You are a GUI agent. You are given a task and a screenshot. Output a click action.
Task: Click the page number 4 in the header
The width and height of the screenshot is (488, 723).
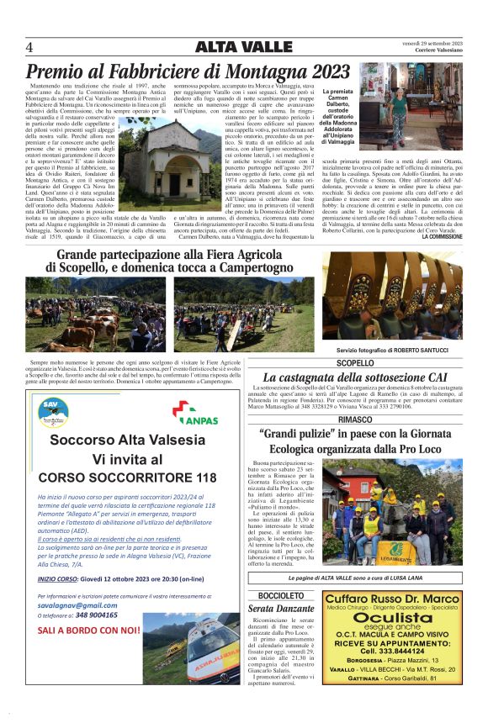point(29,46)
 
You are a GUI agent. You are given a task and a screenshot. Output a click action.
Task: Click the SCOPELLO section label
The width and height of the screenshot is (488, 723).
point(355,363)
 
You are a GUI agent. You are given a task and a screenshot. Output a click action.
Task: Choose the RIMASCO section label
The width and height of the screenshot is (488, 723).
point(355,420)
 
